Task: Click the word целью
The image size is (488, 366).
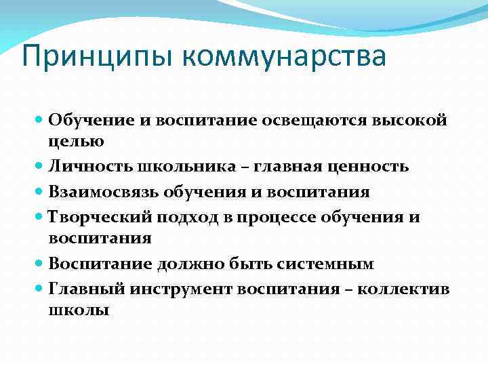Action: point(76,142)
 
